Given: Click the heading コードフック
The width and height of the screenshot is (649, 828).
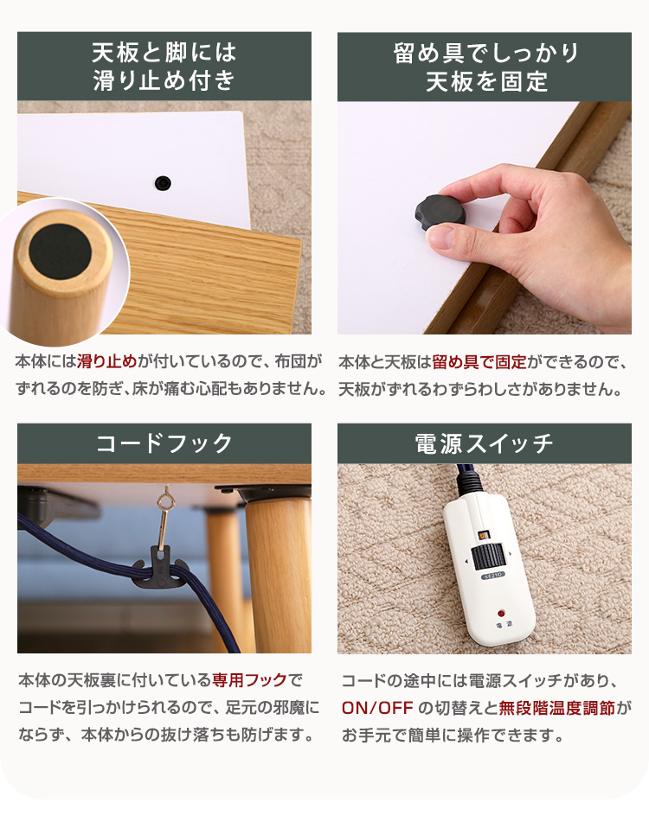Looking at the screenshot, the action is pos(164,443).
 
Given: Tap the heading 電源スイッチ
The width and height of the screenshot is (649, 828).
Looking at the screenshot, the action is pos(484,443).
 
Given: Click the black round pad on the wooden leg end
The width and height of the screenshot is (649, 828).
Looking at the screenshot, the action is pos(60,252).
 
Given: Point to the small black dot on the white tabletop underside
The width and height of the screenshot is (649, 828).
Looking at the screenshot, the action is pos(163,183).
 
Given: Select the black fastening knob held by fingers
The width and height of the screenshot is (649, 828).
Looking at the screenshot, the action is pos(440,213).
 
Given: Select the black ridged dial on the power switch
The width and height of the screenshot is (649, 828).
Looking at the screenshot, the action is pos(488,557).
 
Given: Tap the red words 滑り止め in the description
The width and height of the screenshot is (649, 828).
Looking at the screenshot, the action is pos(106,362).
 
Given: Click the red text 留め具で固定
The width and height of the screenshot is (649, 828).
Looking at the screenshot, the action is pos(479,362).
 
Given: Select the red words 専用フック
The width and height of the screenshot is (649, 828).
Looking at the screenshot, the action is pos(249,679).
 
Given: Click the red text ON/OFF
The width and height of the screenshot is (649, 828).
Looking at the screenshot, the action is pos(377,708).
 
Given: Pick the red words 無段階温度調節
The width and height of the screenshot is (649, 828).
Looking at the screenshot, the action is pos(557,708).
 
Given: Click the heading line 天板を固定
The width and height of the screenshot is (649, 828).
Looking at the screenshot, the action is pos(486,82).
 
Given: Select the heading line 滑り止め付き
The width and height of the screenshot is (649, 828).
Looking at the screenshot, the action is pos(164,80).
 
